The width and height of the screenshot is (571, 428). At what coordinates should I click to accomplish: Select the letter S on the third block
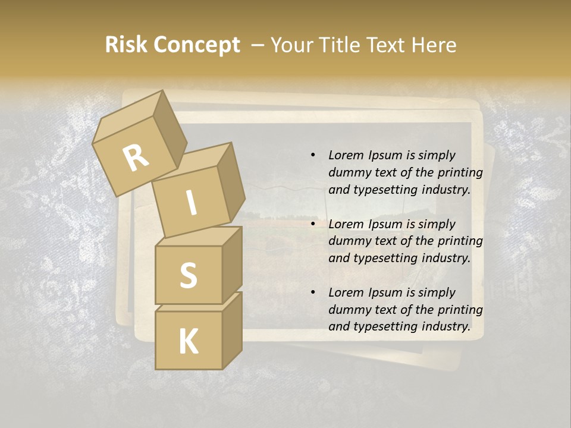(188, 275)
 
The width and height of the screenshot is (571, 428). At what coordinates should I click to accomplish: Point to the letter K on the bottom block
(188, 342)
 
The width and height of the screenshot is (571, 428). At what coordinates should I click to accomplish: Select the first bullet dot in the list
(313, 155)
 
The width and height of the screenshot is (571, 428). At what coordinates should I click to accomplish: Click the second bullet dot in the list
(313, 224)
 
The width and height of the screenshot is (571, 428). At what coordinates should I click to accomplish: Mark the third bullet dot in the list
(313, 292)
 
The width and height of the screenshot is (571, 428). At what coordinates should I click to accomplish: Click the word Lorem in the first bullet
(346, 155)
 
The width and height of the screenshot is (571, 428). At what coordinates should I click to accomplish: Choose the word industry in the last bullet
(446, 326)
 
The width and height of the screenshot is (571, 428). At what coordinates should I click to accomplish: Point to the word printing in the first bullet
(460, 172)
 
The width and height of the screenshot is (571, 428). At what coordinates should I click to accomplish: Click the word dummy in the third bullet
(348, 310)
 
